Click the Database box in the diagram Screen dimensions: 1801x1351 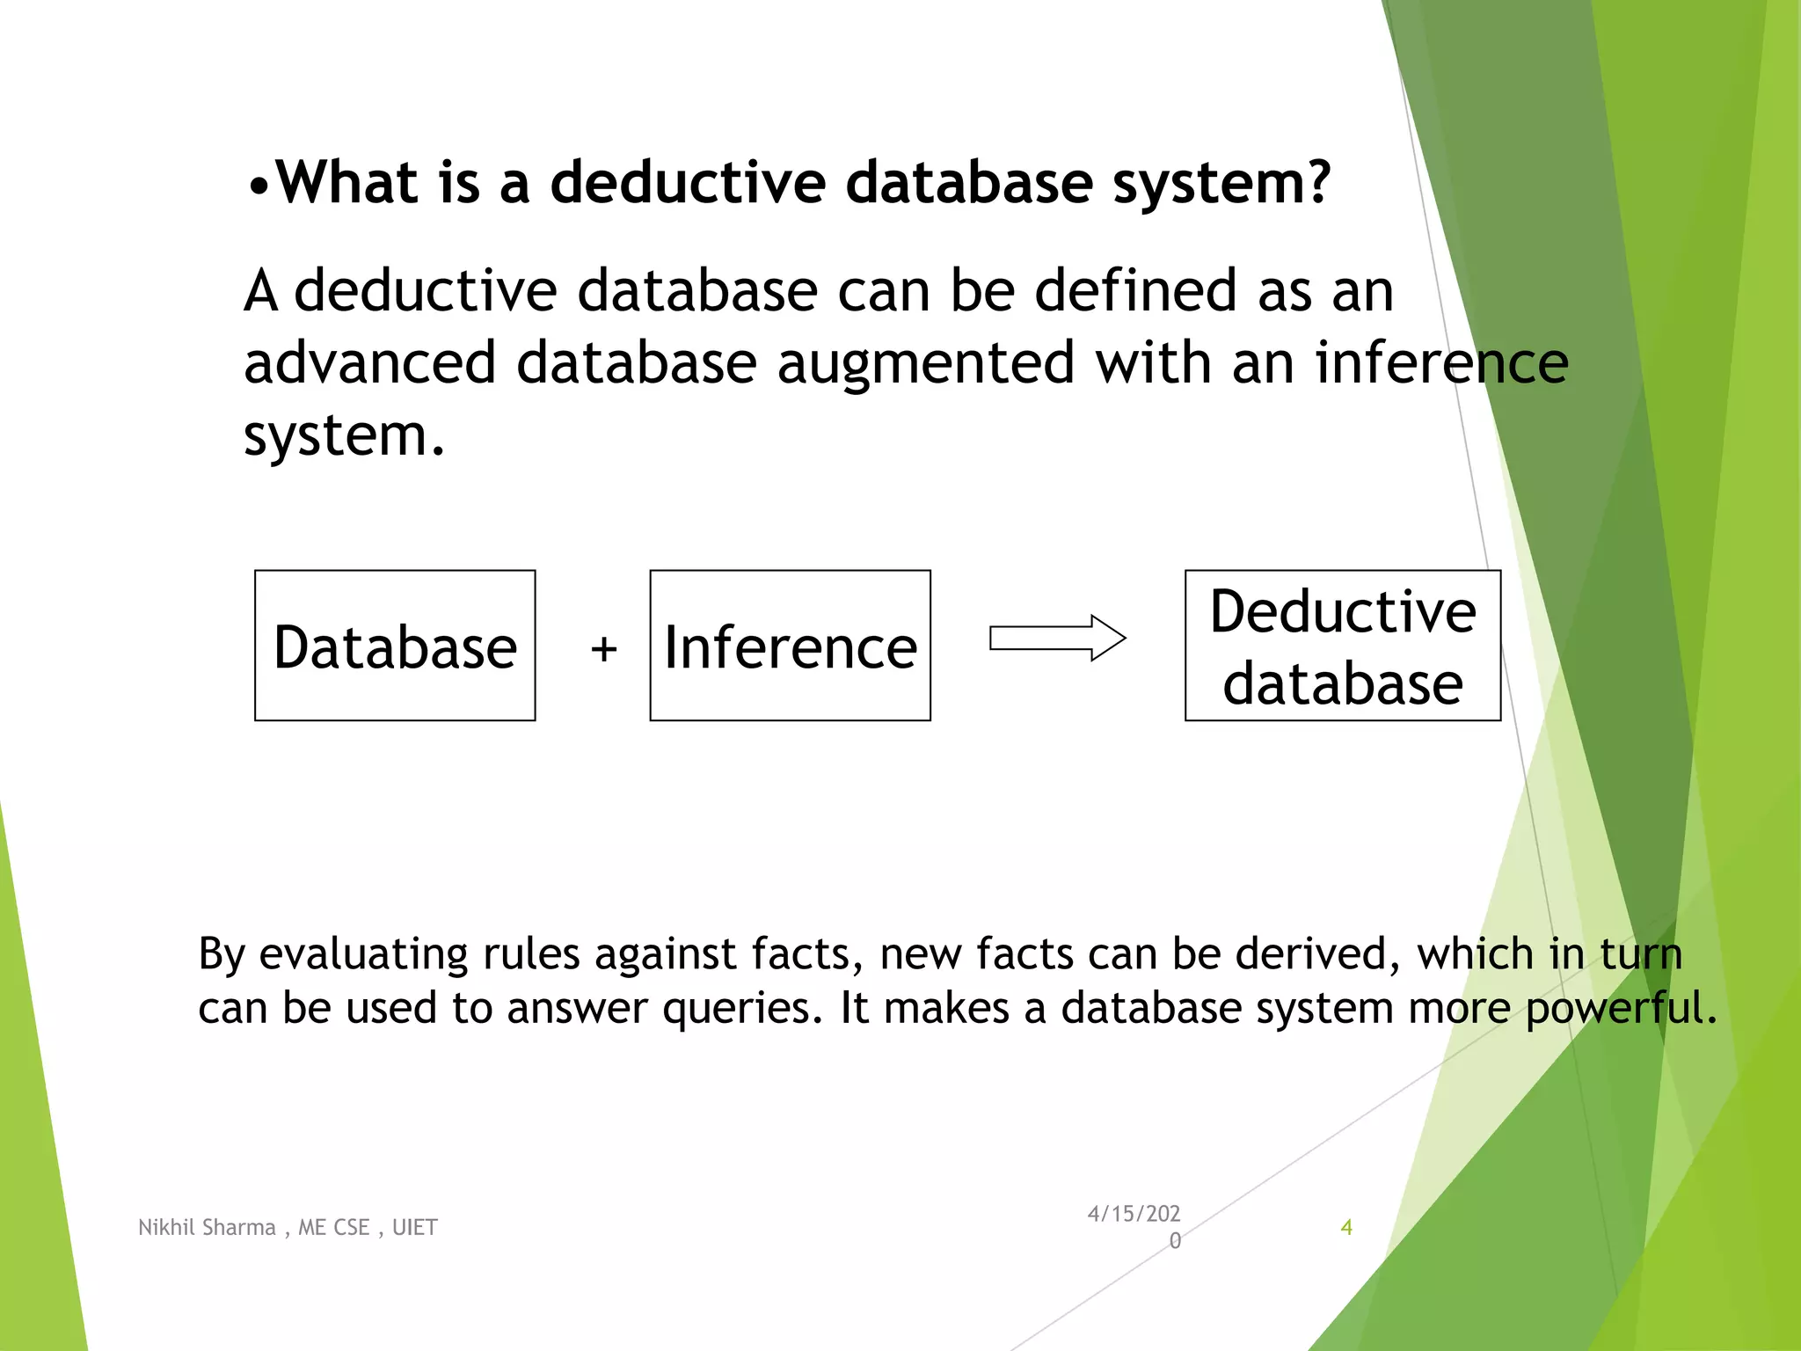pyautogui.click(x=395, y=646)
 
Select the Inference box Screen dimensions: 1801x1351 pyautogui.click(x=790, y=646)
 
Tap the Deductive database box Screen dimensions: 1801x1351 pyautogui.click(x=1342, y=646)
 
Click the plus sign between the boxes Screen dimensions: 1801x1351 pyautogui.click(x=604, y=649)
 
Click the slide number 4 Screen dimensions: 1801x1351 pyautogui.click(x=1345, y=1227)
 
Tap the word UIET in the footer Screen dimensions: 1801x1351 pyautogui.click(x=414, y=1227)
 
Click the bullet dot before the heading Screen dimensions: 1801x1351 pyautogui.click(x=258, y=186)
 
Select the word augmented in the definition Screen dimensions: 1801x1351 pyautogui.click(x=925, y=364)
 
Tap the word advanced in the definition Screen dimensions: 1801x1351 pyautogui.click(x=368, y=362)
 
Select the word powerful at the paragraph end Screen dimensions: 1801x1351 pyautogui.click(x=1620, y=1010)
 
